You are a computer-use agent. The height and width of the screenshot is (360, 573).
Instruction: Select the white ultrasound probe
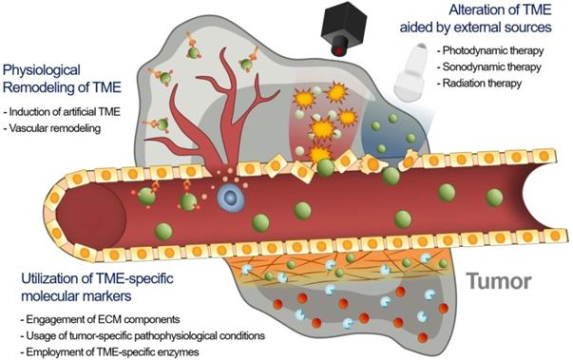click(x=416, y=72)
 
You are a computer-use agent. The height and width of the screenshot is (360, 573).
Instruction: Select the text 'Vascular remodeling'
click(x=55, y=127)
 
